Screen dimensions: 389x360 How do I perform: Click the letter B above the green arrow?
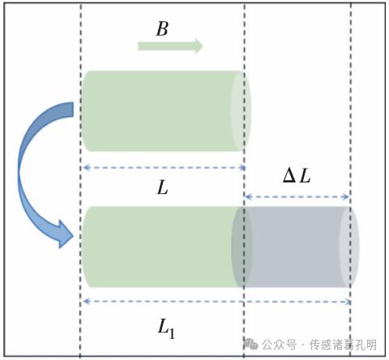coord(162,28)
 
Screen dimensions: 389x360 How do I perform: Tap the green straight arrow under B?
coord(170,46)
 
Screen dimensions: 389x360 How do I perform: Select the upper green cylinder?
coord(167,111)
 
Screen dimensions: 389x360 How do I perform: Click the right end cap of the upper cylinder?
coord(241,111)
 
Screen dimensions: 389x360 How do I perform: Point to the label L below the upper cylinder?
coord(163,187)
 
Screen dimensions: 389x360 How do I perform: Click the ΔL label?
coord(297,176)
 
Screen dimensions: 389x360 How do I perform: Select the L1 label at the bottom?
coord(166,328)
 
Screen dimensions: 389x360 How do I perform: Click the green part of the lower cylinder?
coord(162,246)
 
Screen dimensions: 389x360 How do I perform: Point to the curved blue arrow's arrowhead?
coord(65,234)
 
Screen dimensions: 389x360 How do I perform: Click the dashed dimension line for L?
coord(165,168)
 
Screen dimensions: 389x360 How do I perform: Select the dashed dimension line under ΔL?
coord(297,197)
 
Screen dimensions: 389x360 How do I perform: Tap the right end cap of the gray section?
coord(349,246)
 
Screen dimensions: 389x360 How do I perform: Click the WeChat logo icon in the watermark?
coord(250,344)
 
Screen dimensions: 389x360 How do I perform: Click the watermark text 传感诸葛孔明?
coord(343,345)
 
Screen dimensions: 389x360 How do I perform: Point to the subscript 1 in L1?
coord(172,333)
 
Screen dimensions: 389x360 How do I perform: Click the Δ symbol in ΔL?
coord(289,176)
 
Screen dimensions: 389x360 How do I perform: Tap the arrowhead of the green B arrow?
coord(199,46)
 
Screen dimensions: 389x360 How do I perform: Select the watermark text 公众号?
coord(279,345)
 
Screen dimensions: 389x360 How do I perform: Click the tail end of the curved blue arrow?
coord(73,109)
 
